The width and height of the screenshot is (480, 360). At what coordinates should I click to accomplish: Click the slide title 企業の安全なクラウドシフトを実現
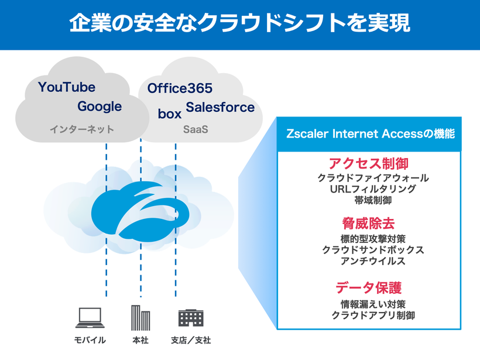[x=239, y=23]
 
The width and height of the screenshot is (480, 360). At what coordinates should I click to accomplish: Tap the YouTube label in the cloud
[x=67, y=87]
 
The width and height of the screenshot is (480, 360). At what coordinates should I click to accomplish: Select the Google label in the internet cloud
[x=100, y=107]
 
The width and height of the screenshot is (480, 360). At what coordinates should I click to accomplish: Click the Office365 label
[x=180, y=89]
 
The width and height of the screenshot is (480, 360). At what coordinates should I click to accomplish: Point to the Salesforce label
[x=220, y=107]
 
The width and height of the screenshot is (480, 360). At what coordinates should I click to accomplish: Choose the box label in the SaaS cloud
[x=170, y=114]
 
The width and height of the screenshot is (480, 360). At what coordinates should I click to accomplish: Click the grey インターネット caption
[x=82, y=129]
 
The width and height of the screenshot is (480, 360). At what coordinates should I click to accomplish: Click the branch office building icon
[x=190, y=318]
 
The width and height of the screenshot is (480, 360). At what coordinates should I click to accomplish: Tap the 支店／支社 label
[x=191, y=340]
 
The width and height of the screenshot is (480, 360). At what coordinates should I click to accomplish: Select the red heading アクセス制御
[x=369, y=163]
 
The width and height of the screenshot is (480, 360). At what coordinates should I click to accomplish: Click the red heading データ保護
[x=369, y=288]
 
